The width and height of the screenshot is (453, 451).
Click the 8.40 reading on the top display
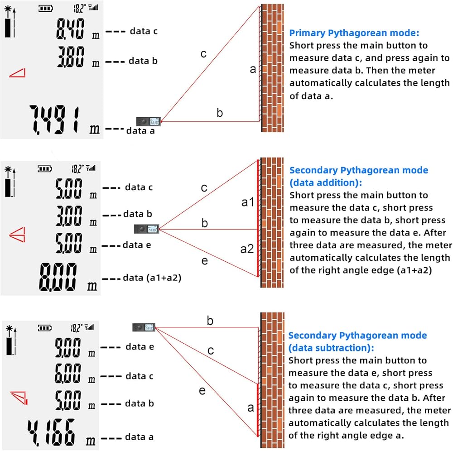tap(71, 29)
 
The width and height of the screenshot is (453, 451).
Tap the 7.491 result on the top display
tap(54, 120)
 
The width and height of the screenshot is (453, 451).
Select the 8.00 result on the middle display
tap(58, 277)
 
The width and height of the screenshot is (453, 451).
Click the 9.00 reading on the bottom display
tap(68, 348)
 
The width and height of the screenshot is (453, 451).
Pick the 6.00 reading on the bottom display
tap(68, 373)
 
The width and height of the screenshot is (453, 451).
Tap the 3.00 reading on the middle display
tap(69, 216)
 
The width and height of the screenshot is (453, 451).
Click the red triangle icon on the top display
tap(18, 73)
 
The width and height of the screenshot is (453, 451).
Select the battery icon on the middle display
tap(45, 168)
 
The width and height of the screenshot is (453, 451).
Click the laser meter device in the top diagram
tap(148, 121)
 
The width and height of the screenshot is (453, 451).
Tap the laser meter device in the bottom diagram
tap(144, 327)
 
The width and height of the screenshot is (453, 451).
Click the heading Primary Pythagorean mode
tap(354, 33)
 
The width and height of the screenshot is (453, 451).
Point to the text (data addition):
tap(326, 183)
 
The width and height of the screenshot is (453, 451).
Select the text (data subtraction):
tap(331, 348)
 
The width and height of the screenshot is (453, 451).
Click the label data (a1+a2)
tap(152, 278)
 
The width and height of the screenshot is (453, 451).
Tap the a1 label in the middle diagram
tap(248, 202)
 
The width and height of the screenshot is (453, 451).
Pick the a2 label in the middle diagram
tap(247, 249)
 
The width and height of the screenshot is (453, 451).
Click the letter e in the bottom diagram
tap(202, 391)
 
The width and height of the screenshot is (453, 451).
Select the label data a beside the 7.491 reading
tap(140, 131)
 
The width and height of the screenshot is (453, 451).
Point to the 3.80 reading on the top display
tap(71, 57)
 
